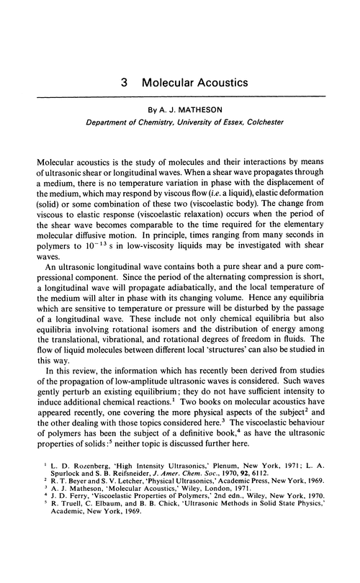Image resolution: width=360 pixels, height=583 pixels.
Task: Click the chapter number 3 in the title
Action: click(125, 83)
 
